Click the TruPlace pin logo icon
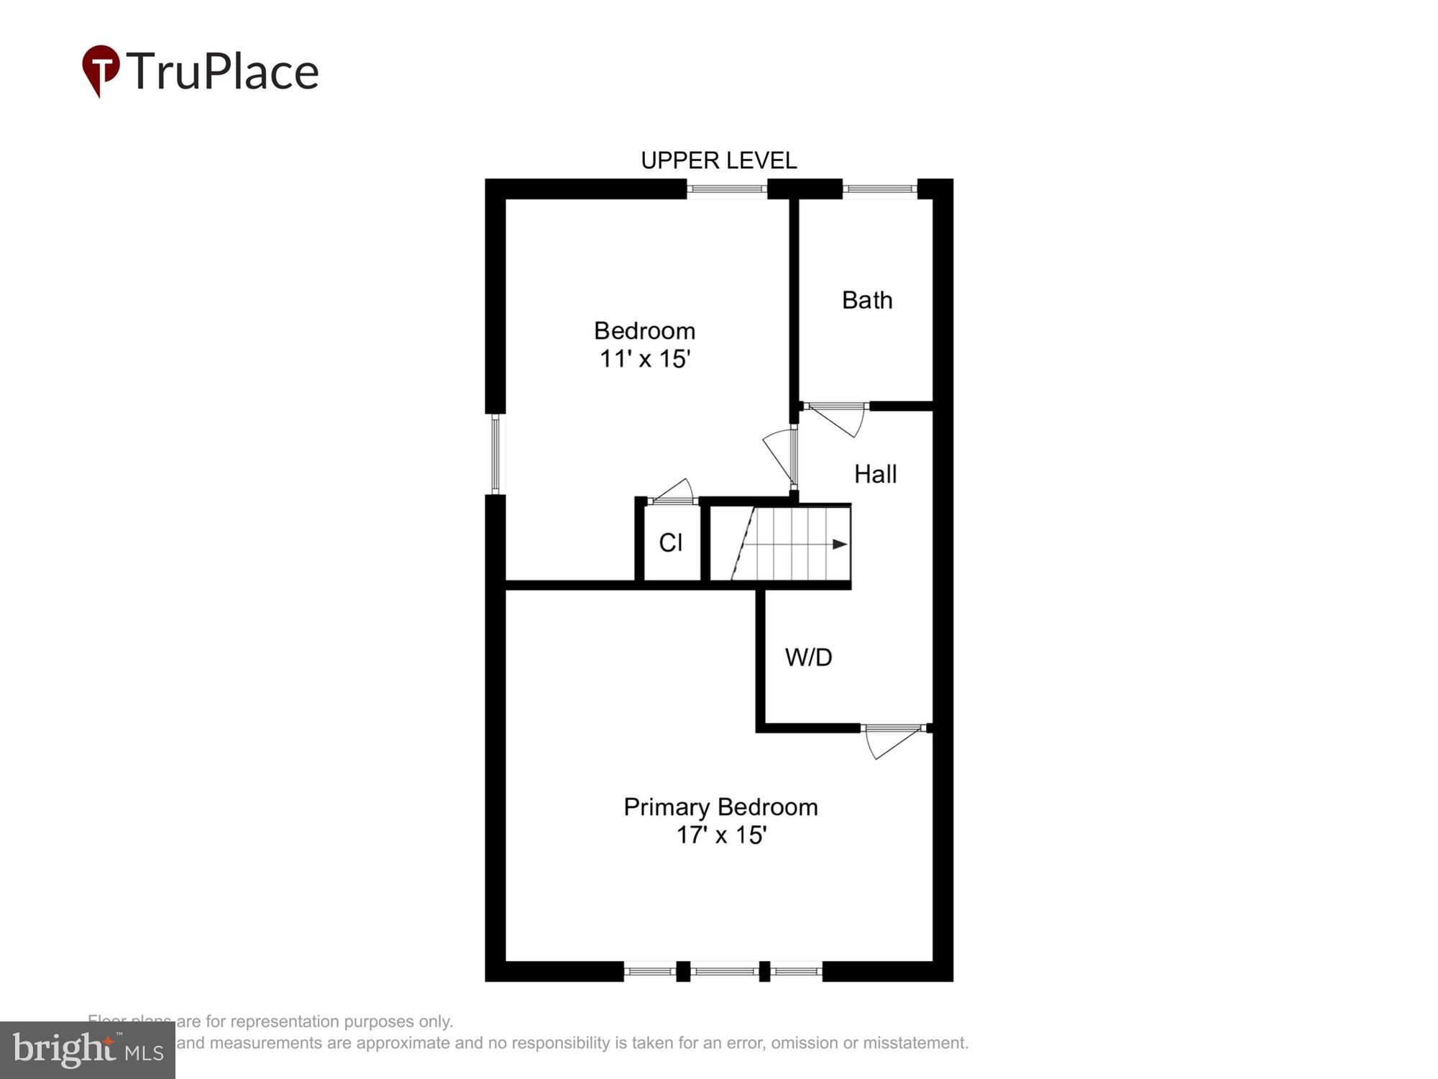pyautogui.click(x=101, y=69)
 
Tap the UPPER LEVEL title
pyautogui.click(x=718, y=160)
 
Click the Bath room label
pyautogui.click(x=867, y=300)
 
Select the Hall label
pyautogui.click(x=875, y=474)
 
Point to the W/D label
pyautogui.click(x=808, y=657)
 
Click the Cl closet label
pyautogui.click(x=670, y=542)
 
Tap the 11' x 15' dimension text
pyautogui.click(x=645, y=358)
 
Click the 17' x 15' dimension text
pyautogui.click(x=721, y=834)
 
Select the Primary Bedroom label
pyautogui.click(x=720, y=806)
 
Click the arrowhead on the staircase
pyautogui.click(x=839, y=545)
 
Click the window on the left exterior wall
pyautogui.click(x=495, y=454)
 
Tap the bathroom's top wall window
pyautogui.click(x=879, y=189)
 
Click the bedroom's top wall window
pyautogui.click(x=726, y=189)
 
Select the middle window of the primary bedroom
pyautogui.click(x=725, y=971)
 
